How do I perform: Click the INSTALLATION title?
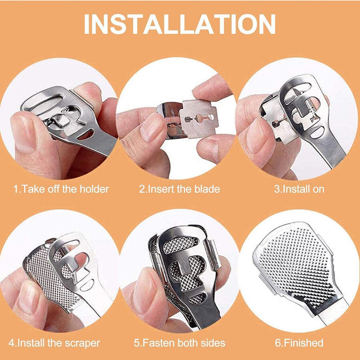coord(180,24)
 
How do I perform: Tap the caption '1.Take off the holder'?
coord(61,189)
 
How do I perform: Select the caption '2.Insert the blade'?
coord(179,189)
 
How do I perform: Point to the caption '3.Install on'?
coord(299,189)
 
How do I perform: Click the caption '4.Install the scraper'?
coord(54,343)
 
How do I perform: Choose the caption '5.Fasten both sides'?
coord(180,343)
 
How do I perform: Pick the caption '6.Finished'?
coord(299,343)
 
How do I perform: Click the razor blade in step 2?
coord(199,118)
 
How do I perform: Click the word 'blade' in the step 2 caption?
coord(207,189)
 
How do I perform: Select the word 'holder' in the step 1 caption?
coord(94,189)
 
